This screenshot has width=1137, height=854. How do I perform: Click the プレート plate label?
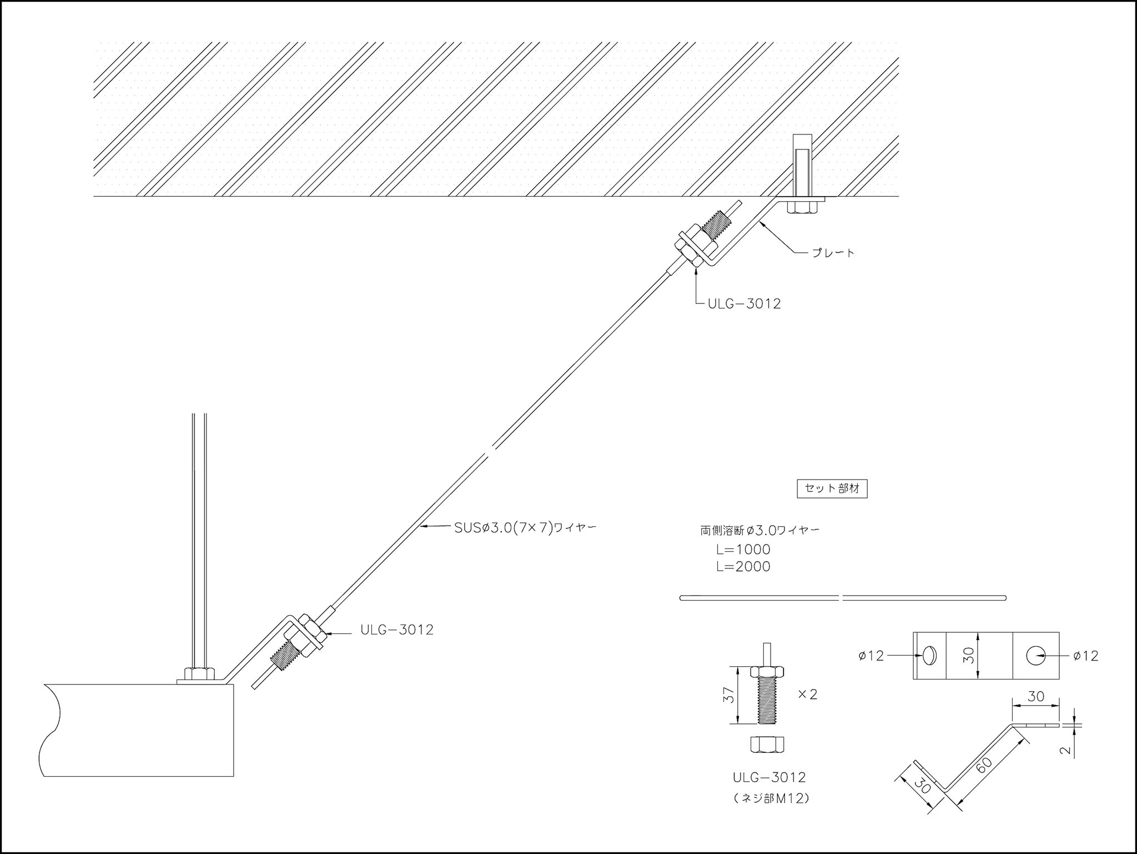point(833,253)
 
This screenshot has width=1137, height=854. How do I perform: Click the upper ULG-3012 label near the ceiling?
point(744,304)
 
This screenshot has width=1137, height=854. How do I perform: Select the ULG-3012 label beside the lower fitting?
point(397,630)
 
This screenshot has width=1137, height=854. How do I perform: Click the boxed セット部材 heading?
point(832,488)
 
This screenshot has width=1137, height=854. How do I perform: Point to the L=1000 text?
point(743,550)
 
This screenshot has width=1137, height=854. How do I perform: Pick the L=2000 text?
point(743,567)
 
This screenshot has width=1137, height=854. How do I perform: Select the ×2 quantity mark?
point(807,695)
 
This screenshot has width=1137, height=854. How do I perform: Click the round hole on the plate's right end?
point(1035,656)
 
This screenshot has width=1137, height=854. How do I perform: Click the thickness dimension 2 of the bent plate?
point(1064,750)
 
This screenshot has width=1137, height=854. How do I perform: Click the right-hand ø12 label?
point(1085,656)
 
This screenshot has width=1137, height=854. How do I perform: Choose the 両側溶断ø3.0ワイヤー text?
point(759,530)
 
